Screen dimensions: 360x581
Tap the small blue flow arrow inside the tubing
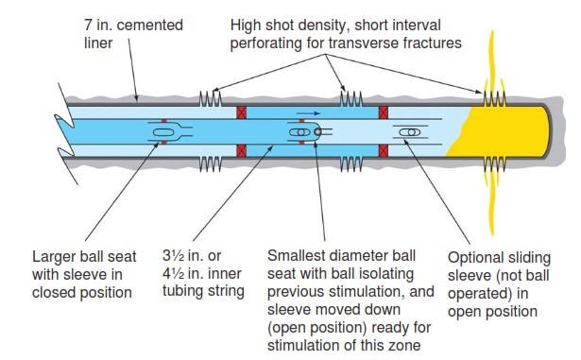coord(304,112)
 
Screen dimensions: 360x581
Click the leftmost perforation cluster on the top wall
coord(209,98)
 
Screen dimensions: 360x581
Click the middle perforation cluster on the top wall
coord(350,98)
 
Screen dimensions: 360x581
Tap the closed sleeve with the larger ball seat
coord(163,132)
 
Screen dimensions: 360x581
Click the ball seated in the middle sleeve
coord(299,132)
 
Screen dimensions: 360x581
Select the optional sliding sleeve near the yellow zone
coord(410,132)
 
